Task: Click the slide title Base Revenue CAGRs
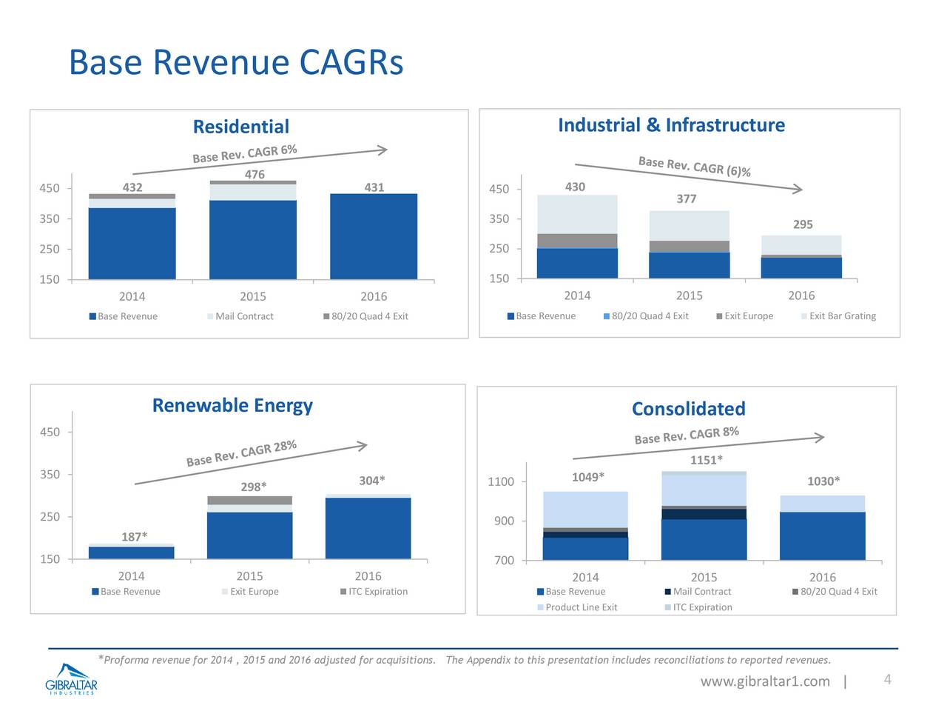point(236,62)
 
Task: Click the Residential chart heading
point(240,127)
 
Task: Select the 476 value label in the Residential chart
point(255,174)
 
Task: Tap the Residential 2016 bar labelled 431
point(374,236)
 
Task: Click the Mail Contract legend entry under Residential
point(243,316)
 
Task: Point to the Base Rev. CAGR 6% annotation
point(245,153)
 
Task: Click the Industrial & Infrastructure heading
point(671,125)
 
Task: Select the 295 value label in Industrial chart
point(803,224)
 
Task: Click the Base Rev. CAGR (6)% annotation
point(694,167)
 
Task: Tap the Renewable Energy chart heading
point(232,405)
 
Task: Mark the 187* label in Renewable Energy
point(134,536)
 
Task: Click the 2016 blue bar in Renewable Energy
point(368,527)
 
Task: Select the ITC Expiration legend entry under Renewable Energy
point(377,592)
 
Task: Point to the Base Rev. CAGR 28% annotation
point(241,453)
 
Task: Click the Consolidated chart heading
point(688,409)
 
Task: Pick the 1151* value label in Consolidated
point(706,461)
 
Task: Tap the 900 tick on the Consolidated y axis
point(505,521)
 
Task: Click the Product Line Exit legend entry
point(581,607)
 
